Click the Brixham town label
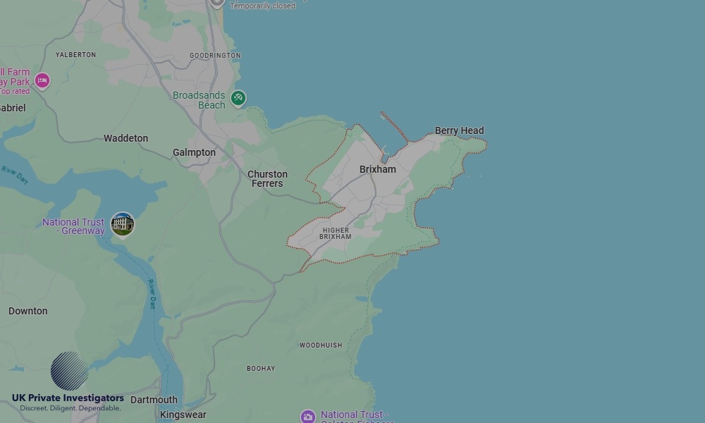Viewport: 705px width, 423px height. point(378,169)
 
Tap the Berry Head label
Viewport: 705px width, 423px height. point(459,130)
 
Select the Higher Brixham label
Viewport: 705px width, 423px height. point(336,233)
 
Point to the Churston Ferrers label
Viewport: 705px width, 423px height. point(267,179)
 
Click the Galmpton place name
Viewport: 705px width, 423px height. point(194,152)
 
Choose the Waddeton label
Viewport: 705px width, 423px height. point(125,138)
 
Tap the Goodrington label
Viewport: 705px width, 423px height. point(215,56)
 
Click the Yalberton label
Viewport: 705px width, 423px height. point(75,55)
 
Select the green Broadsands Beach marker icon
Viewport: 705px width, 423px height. point(238,98)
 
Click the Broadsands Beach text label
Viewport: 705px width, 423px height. point(200,100)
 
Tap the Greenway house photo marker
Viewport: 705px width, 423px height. point(123,224)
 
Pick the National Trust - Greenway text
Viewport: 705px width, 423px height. point(73,226)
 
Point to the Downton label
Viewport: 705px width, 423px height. point(28,311)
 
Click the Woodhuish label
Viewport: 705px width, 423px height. point(321,345)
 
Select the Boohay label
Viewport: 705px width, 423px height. point(261,369)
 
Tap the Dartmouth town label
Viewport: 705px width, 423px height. point(154,400)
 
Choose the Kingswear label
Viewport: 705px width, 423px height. point(183,415)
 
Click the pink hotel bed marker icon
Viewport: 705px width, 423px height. point(42,80)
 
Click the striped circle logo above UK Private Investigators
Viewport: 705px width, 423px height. point(69,371)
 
